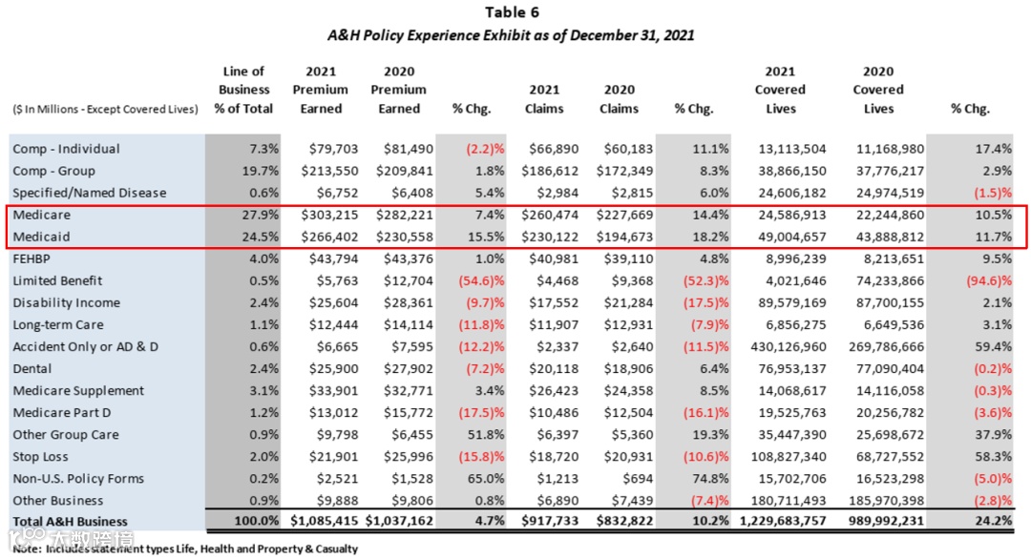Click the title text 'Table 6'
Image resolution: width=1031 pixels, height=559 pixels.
pyautogui.click(x=515, y=12)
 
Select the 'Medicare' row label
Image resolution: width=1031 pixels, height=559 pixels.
pyautogui.click(x=42, y=215)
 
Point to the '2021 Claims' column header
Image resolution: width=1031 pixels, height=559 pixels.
pyautogui.click(x=543, y=99)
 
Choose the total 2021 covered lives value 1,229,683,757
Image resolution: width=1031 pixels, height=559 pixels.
pyautogui.click(x=781, y=522)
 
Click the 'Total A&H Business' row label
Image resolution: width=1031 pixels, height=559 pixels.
pyautogui.click(x=70, y=522)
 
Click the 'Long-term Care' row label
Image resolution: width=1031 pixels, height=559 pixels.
pyautogui.click(x=58, y=324)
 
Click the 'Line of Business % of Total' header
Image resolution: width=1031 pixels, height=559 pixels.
pyautogui.click(x=243, y=90)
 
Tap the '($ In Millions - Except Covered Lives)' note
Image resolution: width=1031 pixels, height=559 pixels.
pyautogui.click(x=105, y=110)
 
